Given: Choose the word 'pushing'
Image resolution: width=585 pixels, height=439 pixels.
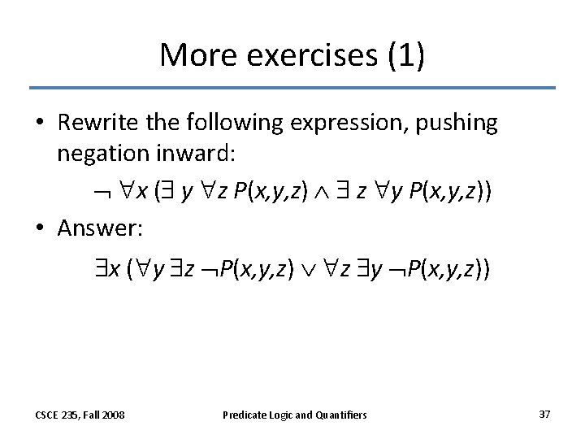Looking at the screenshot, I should (458, 124).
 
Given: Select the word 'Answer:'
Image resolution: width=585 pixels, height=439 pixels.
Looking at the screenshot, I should (100, 229).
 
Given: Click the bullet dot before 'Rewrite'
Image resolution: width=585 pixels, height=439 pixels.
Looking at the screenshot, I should (40, 124).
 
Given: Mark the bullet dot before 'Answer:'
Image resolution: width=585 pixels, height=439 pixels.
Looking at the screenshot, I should (40, 230).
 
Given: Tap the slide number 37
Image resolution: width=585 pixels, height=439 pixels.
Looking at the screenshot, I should (544, 414).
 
